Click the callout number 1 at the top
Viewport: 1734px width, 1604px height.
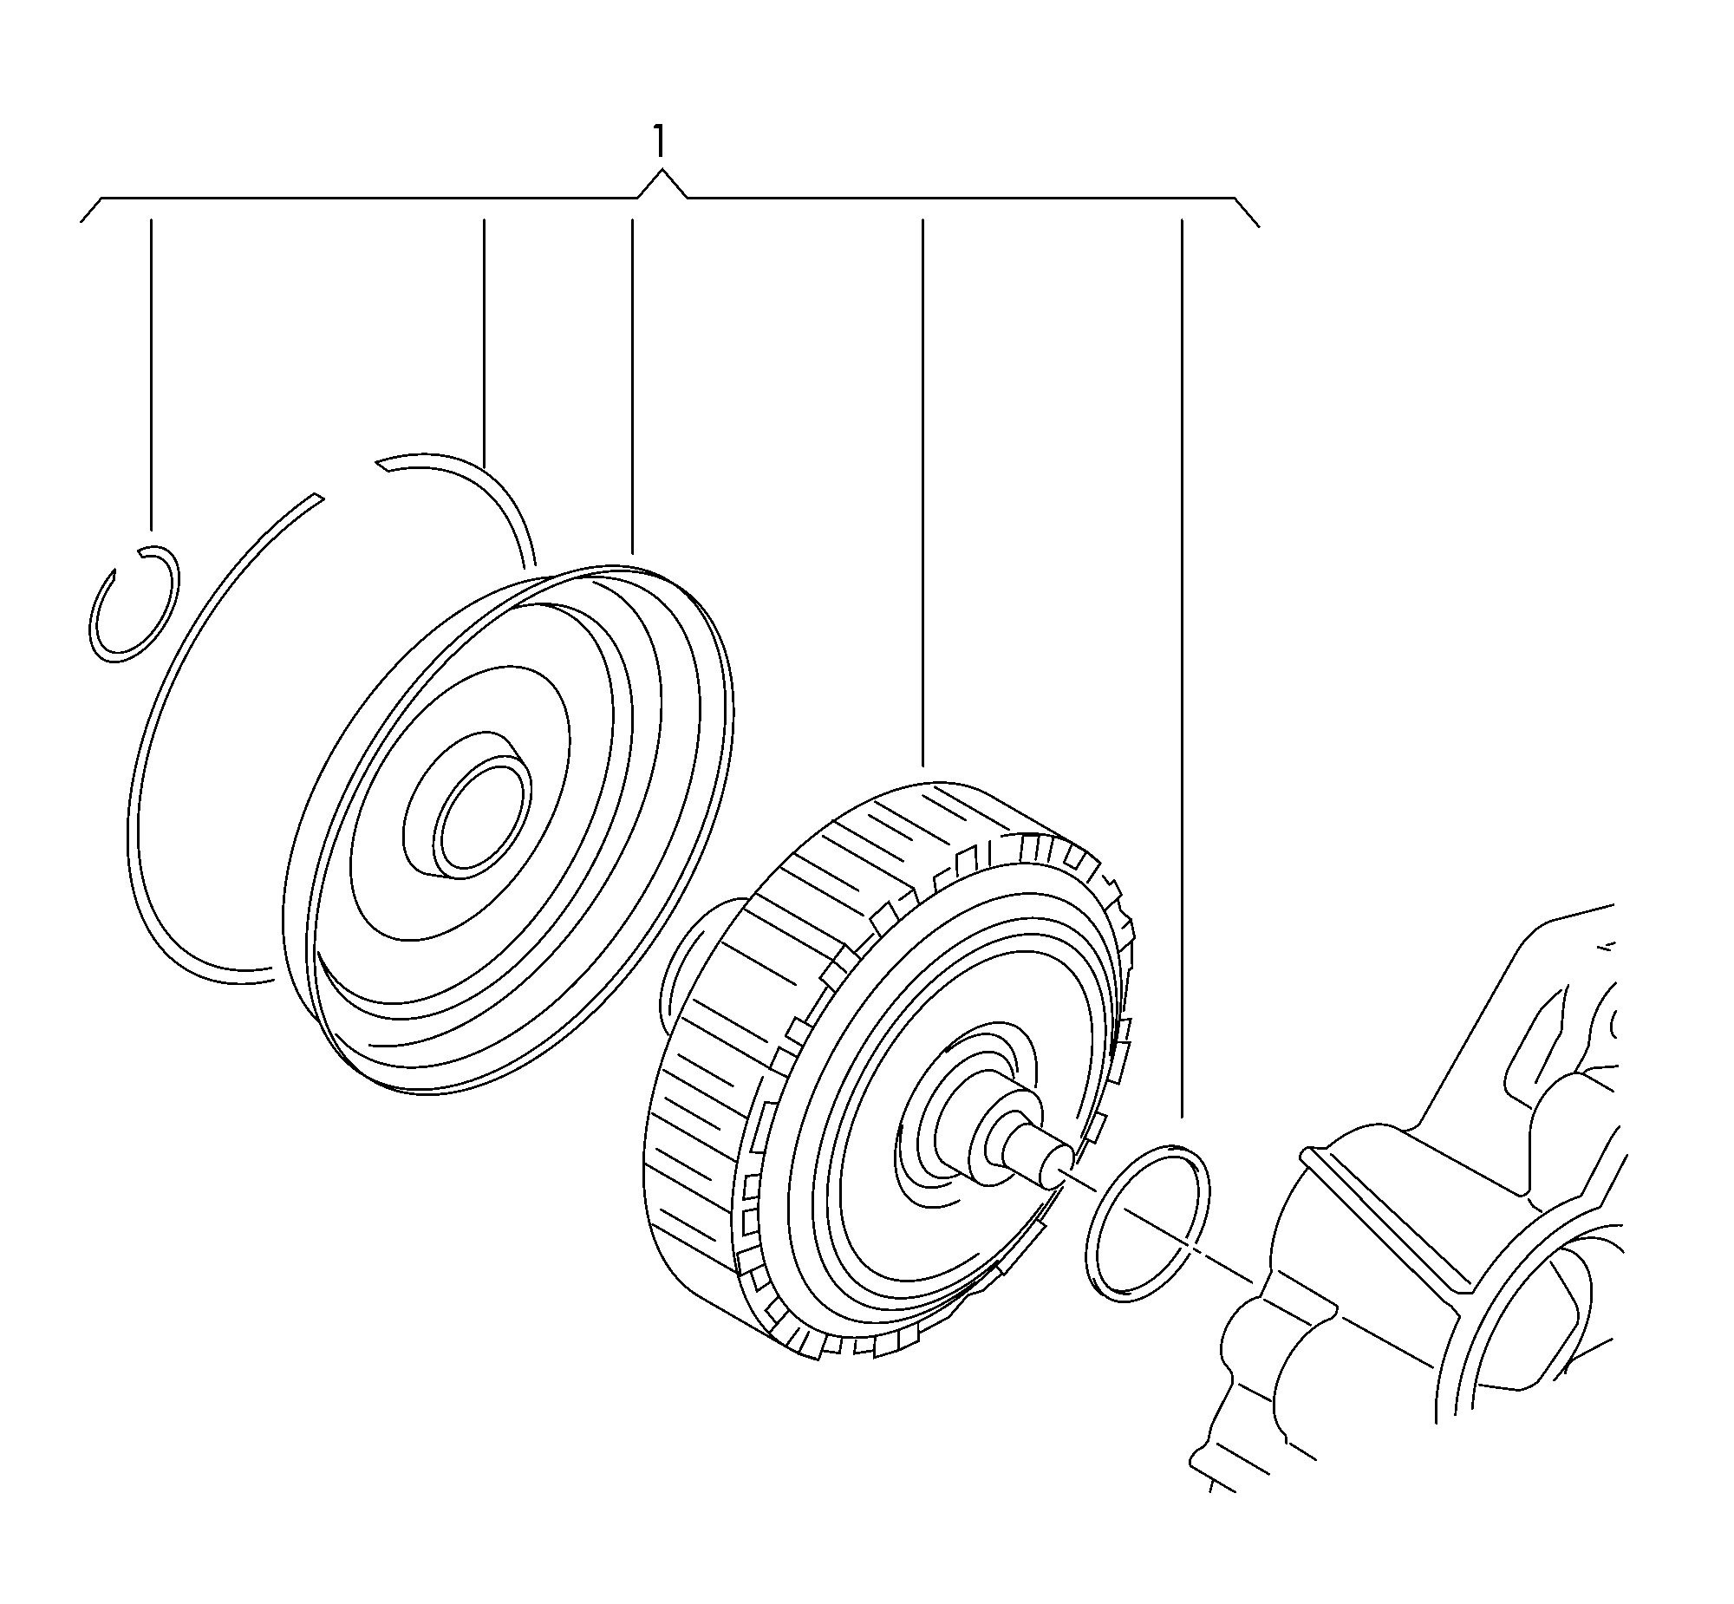click(x=660, y=140)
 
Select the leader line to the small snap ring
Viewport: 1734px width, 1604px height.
click(x=152, y=374)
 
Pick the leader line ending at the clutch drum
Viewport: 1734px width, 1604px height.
click(x=922, y=492)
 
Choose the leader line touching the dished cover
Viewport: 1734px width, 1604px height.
click(x=632, y=386)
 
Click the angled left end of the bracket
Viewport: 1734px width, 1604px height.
click(x=92, y=210)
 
